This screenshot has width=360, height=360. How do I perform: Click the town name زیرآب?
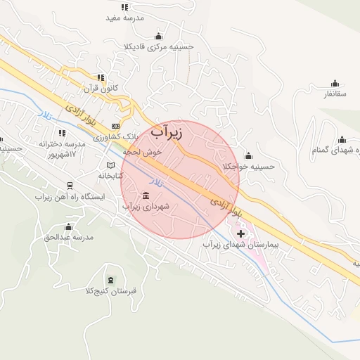[x=167, y=131]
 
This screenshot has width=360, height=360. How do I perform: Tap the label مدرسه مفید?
[x=124, y=18]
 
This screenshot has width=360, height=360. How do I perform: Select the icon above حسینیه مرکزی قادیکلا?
[x=158, y=36]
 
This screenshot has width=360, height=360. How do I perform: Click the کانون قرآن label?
[x=101, y=89]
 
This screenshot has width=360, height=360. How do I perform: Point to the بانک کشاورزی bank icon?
[x=115, y=126]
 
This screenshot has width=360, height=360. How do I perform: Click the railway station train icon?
[x=70, y=186]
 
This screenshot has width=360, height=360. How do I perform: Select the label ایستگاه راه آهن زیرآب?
[x=70, y=197]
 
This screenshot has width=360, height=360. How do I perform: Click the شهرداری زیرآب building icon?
[x=146, y=195]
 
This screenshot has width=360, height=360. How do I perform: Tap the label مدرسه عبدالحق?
[x=68, y=238]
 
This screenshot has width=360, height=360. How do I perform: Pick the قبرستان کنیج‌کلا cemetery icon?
[x=110, y=280]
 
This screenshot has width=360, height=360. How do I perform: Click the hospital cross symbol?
[x=241, y=233]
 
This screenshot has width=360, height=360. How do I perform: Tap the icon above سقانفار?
[x=335, y=82]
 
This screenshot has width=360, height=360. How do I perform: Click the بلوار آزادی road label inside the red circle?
[x=226, y=205]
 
